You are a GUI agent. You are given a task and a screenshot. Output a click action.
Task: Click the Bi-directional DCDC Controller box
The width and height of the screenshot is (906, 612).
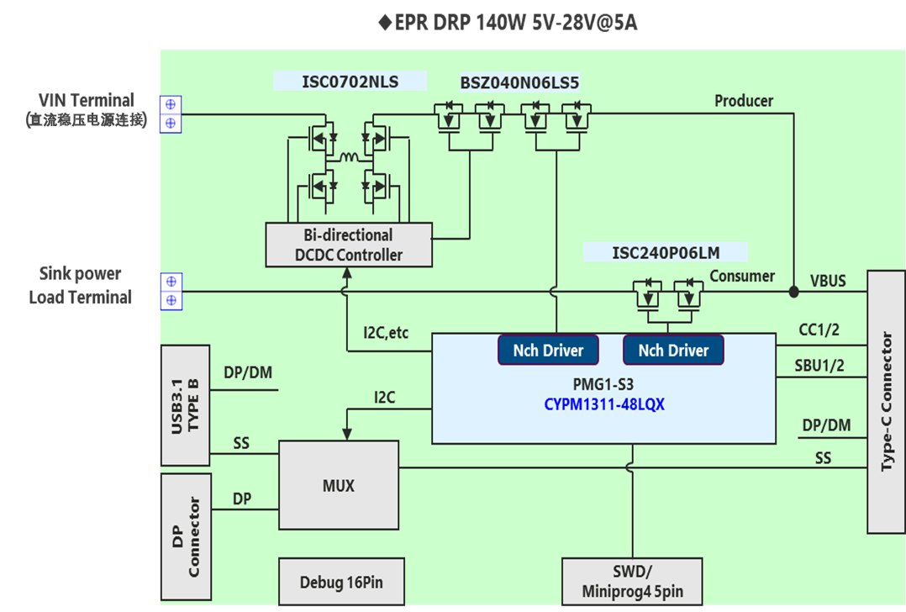[349, 244]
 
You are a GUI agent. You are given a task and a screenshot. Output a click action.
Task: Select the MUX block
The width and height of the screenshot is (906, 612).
[338, 486]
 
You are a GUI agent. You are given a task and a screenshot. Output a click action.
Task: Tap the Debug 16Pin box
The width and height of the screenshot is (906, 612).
[339, 582]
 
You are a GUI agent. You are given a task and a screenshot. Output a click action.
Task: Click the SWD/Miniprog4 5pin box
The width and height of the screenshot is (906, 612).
[631, 582]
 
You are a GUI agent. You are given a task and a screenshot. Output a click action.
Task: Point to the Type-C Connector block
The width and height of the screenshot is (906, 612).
[886, 401]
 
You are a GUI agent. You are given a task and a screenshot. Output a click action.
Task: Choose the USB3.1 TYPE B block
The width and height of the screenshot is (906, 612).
[185, 404]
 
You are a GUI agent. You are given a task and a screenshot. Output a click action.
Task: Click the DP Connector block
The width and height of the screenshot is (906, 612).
[185, 536]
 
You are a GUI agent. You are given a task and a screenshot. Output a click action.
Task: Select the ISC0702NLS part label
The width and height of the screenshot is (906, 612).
[350, 82]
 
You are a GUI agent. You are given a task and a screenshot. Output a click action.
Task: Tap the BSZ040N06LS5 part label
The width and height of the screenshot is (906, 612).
[519, 82]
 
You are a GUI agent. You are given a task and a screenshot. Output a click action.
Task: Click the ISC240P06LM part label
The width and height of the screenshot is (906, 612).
[666, 252]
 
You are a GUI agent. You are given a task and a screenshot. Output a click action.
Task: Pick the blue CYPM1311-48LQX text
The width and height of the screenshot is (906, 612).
[604, 404]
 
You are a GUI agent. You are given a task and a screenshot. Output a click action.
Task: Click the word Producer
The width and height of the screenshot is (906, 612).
[743, 101]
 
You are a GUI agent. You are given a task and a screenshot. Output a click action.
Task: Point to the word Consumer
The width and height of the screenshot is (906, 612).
[742, 276]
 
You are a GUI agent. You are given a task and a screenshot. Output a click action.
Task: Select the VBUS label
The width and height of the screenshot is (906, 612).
[828, 280]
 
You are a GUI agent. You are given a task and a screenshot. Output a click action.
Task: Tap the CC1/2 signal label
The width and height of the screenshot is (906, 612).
[818, 330]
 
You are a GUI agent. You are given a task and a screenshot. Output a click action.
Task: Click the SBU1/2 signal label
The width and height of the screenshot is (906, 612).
[819, 366]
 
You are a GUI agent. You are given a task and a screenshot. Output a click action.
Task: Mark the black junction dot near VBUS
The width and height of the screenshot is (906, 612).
[793, 292]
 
